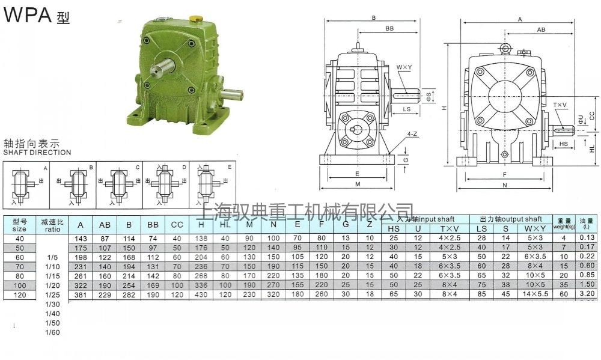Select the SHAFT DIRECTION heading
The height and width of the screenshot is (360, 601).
pyautogui.click(x=37, y=153)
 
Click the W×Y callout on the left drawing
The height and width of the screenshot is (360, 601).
pyautogui.click(x=404, y=67)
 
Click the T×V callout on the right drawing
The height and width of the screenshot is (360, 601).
pyautogui.click(x=560, y=105)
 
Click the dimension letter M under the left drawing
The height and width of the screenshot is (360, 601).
pyautogui.click(x=358, y=185)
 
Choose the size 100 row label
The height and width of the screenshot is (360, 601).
pyautogui.click(x=19, y=285)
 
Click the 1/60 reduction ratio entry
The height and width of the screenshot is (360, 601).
pyautogui.click(x=52, y=332)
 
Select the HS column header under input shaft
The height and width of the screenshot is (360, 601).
pyautogui.click(x=394, y=229)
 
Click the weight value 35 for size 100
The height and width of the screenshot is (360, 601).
pyautogui.click(x=563, y=285)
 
